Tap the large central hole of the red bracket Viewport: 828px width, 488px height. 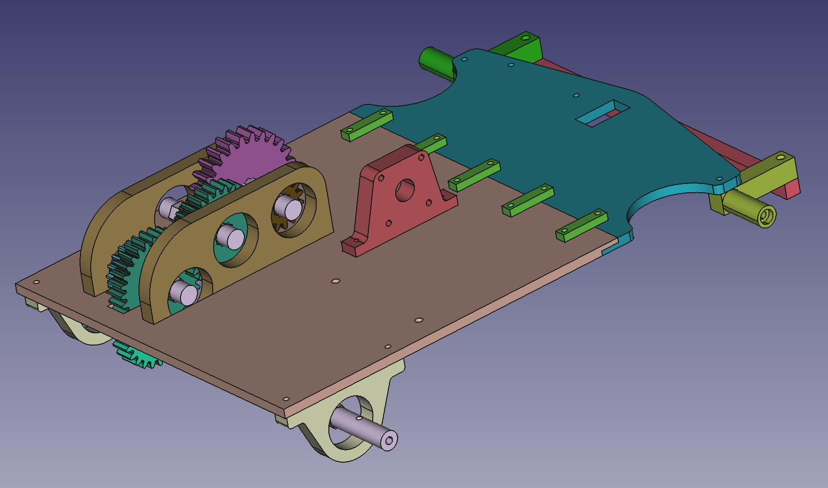click(404, 190)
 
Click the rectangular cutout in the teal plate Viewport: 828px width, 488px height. click(602, 113)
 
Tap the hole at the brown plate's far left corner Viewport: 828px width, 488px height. click(36, 282)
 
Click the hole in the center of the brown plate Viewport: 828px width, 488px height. click(335, 281)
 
